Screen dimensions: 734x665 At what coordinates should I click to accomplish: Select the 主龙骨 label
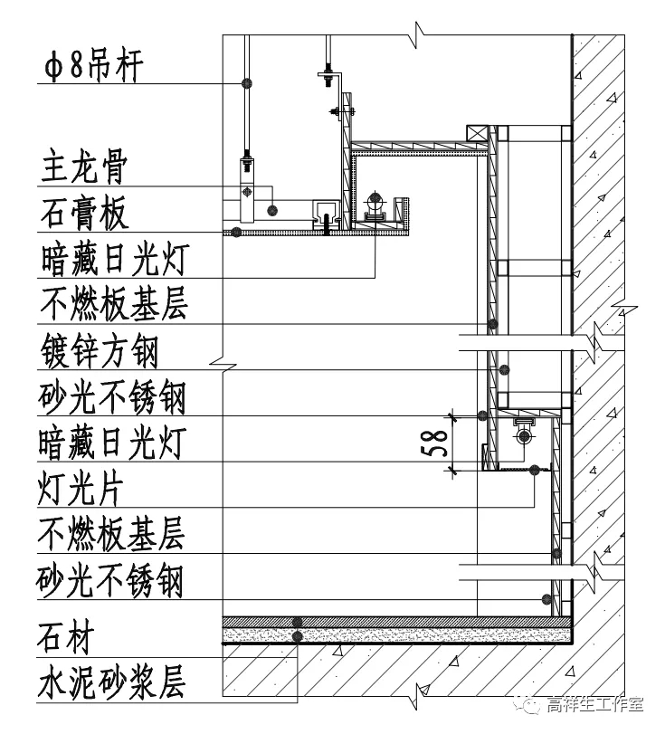83,168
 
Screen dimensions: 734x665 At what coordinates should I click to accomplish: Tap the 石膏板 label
84,214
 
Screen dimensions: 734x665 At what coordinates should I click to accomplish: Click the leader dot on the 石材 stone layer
297,621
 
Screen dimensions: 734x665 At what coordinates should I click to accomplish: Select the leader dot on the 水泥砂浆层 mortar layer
297,637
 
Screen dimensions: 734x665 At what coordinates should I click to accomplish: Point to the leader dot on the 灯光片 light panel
535,471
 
